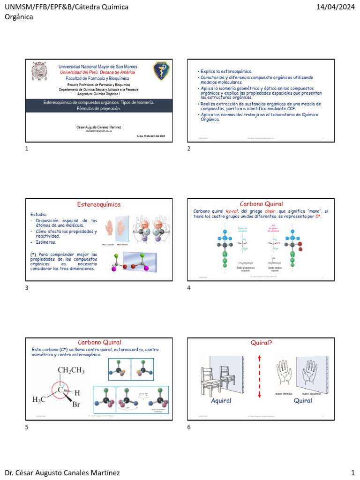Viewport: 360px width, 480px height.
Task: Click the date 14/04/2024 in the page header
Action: (x=336, y=7)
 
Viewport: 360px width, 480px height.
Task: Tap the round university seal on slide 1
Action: (x=39, y=71)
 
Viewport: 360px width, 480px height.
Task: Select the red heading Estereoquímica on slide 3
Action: (x=98, y=204)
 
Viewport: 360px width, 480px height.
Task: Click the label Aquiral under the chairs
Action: (x=221, y=401)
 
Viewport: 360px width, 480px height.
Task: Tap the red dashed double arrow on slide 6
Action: (x=259, y=377)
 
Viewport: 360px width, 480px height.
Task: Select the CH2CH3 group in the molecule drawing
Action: (x=71, y=371)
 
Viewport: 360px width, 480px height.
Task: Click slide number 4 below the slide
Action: (x=189, y=288)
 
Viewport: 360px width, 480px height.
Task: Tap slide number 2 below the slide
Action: (x=189, y=149)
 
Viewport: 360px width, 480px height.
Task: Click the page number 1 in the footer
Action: (x=352, y=472)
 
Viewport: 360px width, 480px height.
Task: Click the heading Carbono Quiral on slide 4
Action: (x=261, y=204)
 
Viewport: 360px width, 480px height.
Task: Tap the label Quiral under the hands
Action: (x=303, y=401)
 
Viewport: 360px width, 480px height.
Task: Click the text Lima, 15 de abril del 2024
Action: (x=151, y=136)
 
